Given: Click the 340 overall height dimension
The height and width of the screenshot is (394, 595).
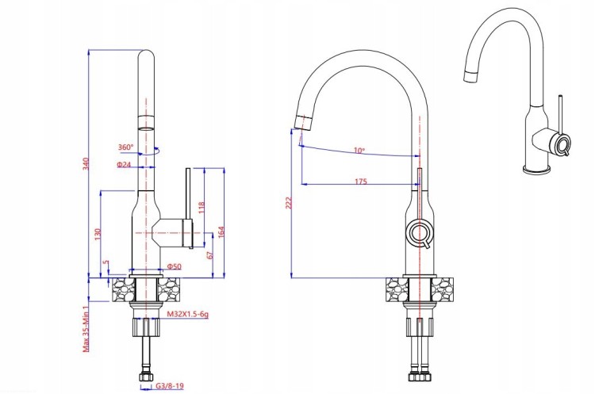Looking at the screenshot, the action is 86,163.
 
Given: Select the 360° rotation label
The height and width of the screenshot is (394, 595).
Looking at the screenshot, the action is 125,147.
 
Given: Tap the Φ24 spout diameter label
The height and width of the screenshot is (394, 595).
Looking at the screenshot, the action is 124,165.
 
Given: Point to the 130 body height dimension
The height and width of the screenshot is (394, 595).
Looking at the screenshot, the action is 98,234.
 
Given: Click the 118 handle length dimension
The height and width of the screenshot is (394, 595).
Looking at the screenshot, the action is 202,208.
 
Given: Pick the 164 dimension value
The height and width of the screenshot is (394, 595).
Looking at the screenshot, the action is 221,232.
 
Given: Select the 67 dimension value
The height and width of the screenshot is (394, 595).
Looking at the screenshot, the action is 211,254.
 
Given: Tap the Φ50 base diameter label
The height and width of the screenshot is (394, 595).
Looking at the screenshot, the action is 175,266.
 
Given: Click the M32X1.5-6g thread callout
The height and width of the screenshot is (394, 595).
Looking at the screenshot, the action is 188,314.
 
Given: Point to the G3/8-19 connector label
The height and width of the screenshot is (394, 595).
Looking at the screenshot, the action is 170,386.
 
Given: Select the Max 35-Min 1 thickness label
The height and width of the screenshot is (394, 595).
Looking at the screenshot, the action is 86,329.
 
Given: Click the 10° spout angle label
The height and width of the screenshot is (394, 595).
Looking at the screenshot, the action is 359,151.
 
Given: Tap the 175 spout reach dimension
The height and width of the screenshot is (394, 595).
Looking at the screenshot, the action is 361,182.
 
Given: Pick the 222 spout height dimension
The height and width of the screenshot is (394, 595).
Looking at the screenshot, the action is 289,203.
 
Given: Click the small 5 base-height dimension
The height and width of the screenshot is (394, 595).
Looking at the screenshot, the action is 106,262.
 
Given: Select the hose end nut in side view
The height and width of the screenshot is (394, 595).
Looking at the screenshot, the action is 146,377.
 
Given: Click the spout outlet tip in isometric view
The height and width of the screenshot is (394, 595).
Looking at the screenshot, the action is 470,76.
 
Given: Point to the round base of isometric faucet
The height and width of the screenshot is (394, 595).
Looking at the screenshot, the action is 537,170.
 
